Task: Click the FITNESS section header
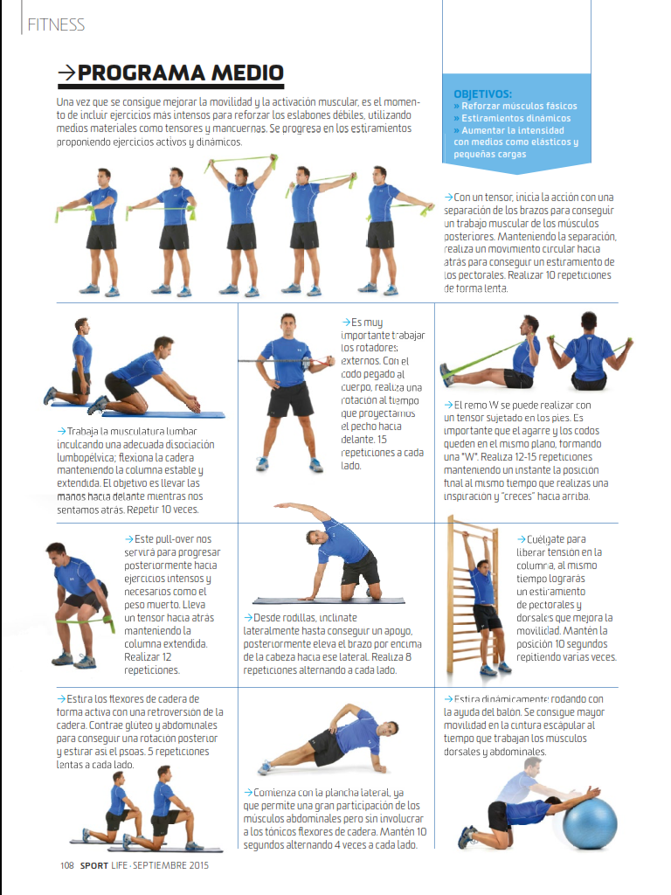[56, 24]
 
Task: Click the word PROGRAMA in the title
[141, 73]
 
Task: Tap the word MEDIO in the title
[247, 73]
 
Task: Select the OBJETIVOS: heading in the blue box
[482, 94]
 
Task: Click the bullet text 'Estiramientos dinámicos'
[515, 118]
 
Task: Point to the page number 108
[66, 865]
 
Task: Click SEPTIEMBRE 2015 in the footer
[170, 865]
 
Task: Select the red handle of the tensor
[325, 361]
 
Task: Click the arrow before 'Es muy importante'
[346, 323]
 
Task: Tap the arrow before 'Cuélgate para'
[521, 539]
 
